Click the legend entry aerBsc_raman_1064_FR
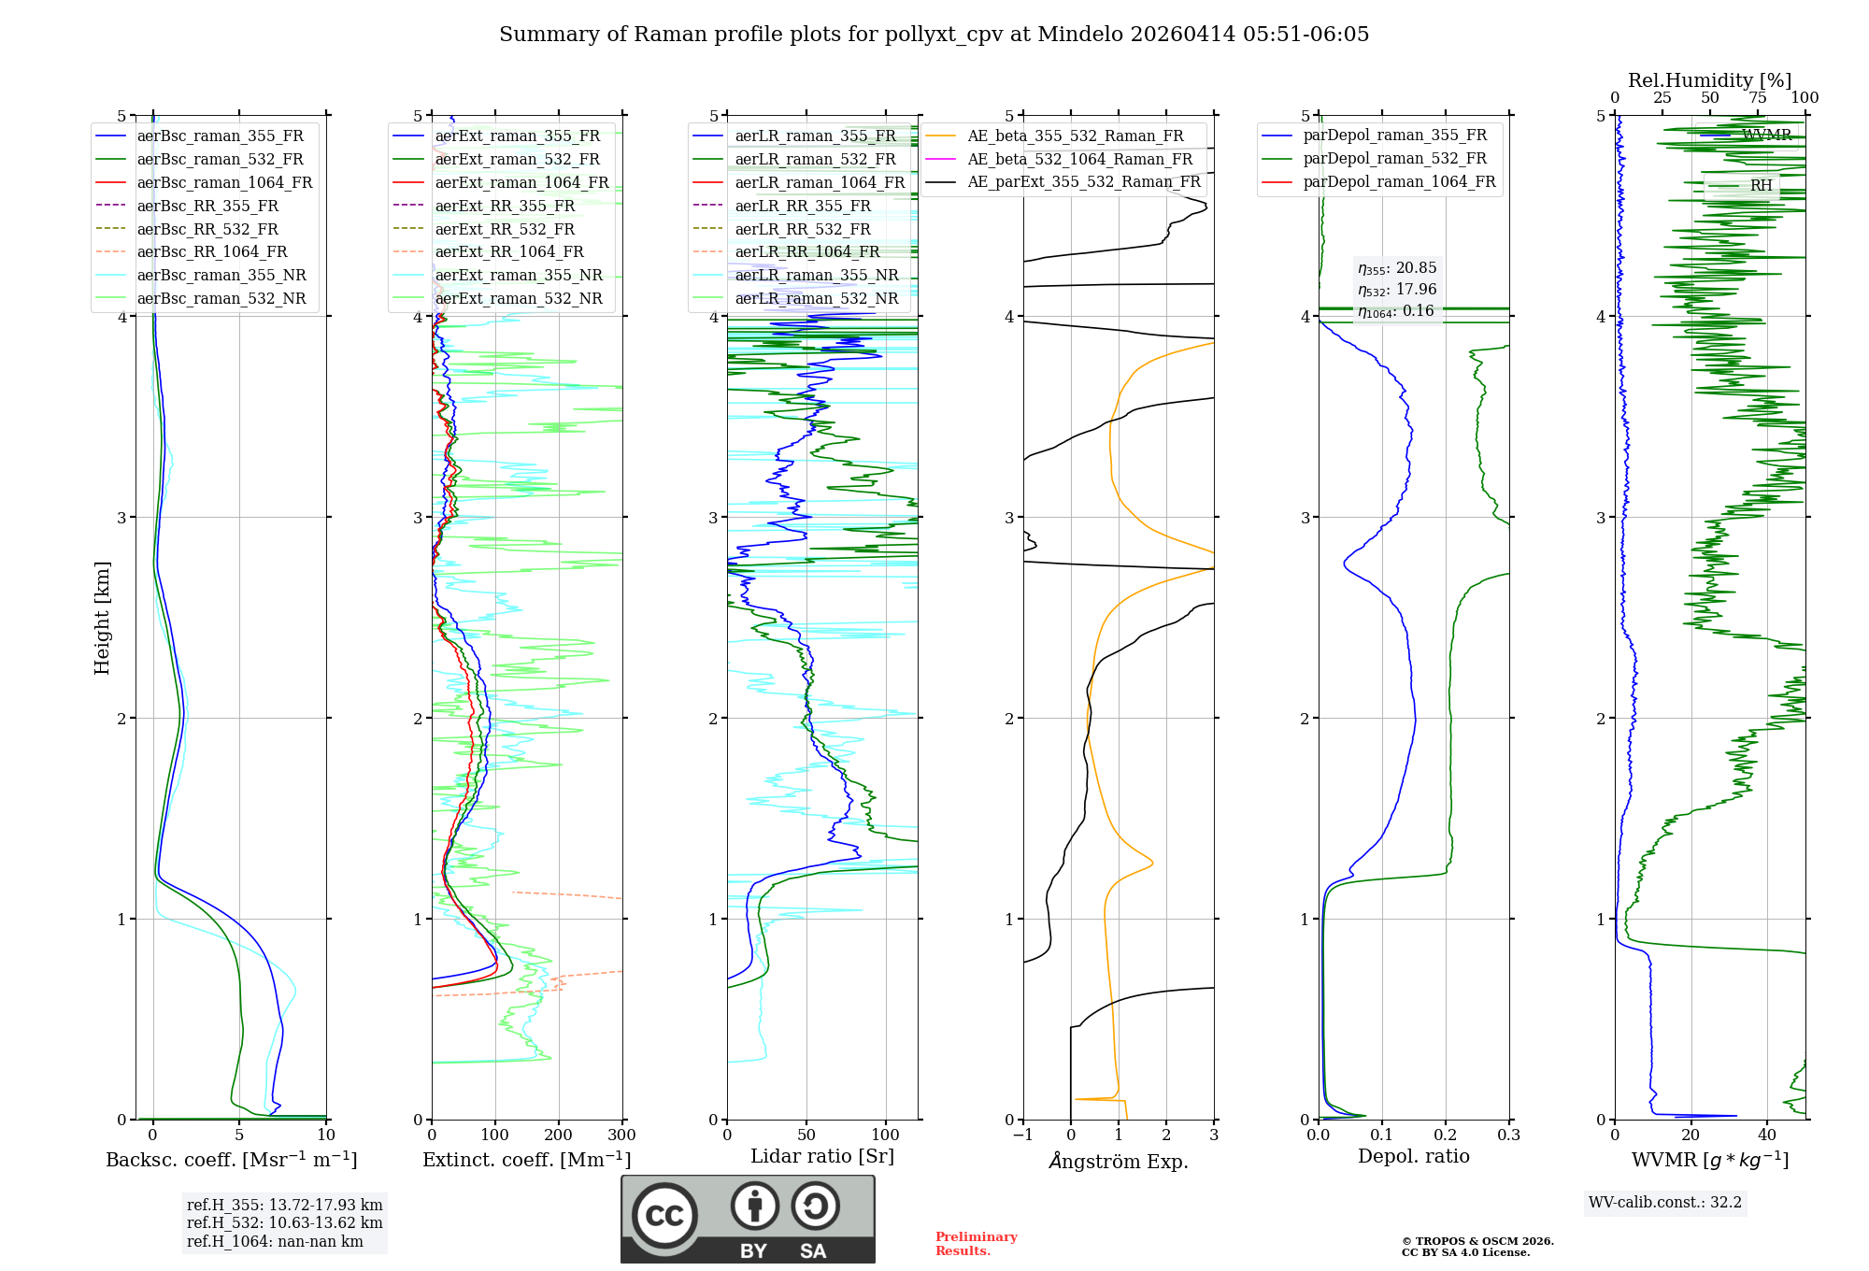[x=224, y=182]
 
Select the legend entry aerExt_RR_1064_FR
[x=508, y=251]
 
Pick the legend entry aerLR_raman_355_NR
[x=816, y=275]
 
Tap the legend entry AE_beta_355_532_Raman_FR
[x=1075, y=136]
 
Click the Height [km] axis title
[x=102, y=618]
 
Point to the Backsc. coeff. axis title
[x=231, y=1160]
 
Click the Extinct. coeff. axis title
[x=526, y=1160]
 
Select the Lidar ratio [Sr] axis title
[x=821, y=1156]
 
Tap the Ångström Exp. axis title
[x=1118, y=1162]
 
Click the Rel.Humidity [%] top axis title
[x=1709, y=80]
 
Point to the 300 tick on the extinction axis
[x=621, y=1135]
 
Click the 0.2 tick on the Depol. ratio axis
[x=1446, y=1135]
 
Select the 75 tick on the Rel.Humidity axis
[x=1757, y=98]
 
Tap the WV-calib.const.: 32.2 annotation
[x=1664, y=1202]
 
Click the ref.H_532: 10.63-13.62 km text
[x=284, y=1222]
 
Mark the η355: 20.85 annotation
[x=1396, y=268]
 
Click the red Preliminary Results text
[x=976, y=1244]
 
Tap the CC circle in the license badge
[x=664, y=1216]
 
